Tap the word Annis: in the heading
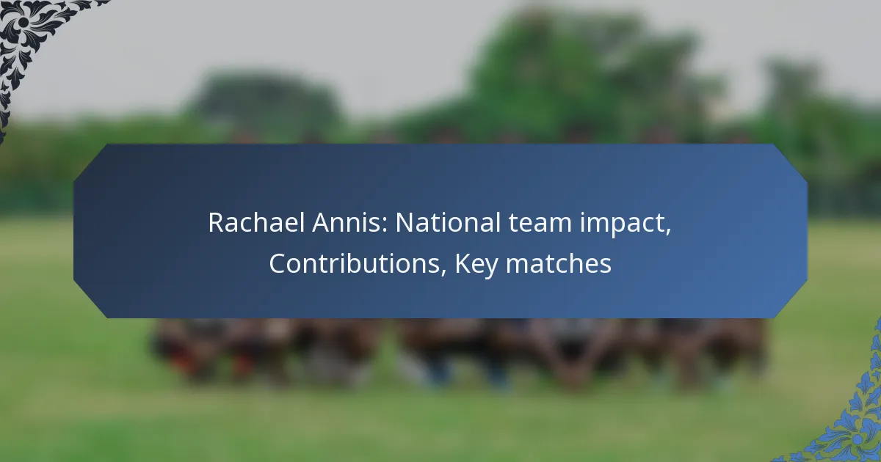click(x=350, y=222)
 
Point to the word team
click(x=540, y=223)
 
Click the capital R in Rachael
click(x=217, y=222)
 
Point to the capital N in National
click(x=405, y=222)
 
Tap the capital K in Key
click(x=463, y=263)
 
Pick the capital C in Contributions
click(x=278, y=263)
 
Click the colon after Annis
click(x=385, y=226)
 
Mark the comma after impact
click(x=668, y=232)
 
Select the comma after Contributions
click(x=443, y=274)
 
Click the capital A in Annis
click(x=322, y=222)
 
